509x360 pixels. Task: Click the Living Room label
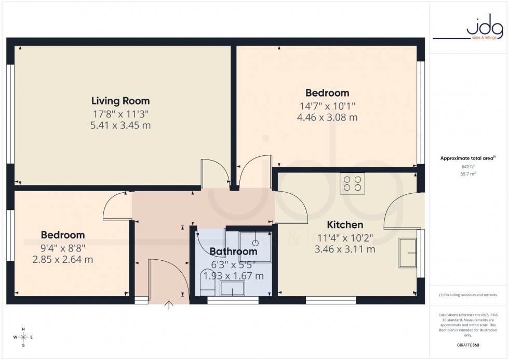(120, 101)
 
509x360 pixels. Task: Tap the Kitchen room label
(344, 225)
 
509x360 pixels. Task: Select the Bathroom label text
(233, 252)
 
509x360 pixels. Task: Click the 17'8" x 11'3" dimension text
(120, 114)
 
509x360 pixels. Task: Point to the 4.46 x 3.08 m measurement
(327, 117)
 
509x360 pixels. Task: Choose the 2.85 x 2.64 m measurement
(62, 259)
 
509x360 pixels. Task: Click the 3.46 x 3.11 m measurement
(344, 249)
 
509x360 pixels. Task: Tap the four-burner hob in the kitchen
(352, 183)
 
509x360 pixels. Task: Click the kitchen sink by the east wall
(408, 252)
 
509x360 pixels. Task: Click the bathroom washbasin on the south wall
(233, 288)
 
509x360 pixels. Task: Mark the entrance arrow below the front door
(169, 305)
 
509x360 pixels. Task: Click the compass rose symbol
(24, 337)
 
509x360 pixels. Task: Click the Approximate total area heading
(467, 158)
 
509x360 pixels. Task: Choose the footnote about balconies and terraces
(468, 295)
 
